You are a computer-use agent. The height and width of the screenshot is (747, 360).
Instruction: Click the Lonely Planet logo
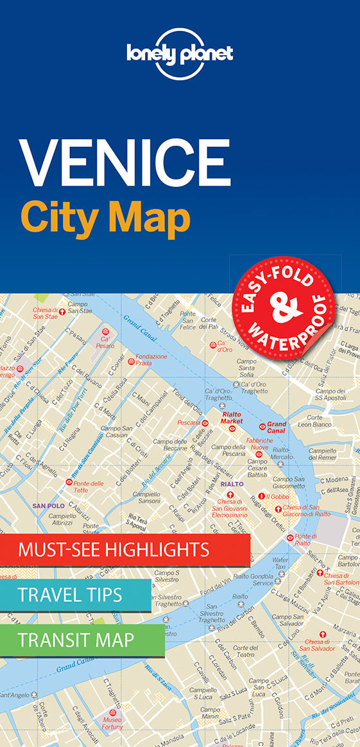coord(179,53)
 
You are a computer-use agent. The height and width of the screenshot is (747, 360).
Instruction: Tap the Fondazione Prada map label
coord(151,359)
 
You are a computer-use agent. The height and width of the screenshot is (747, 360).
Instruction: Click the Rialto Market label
coord(232,418)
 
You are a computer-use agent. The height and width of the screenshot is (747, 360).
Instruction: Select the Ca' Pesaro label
coord(105,341)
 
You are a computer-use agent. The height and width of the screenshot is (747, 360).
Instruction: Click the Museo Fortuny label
coord(113,723)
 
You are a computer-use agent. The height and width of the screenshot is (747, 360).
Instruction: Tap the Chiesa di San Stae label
coord(46,313)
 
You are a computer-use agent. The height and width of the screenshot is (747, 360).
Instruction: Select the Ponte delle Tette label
coord(89,486)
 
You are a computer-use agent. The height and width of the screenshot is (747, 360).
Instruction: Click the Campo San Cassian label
coord(117,431)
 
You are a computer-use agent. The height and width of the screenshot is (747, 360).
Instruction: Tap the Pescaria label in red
coord(189,423)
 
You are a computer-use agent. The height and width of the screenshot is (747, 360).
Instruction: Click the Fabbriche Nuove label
coord(259,444)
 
